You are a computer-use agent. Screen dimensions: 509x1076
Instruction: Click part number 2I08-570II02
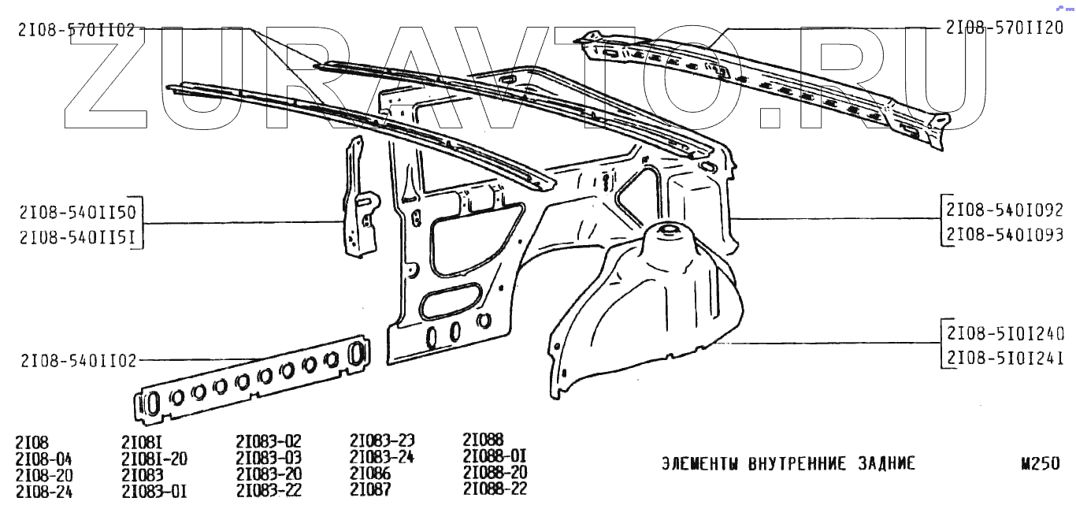pos(76,30)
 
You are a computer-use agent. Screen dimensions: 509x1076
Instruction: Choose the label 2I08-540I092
pos(1004,210)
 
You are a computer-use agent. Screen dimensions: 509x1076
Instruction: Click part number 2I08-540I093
pos(1004,234)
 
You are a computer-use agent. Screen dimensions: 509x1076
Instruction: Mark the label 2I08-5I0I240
pos(1004,333)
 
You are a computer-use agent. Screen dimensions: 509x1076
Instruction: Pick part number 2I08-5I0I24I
pos(1004,357)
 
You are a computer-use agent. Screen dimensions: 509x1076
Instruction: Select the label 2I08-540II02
pos(76,361)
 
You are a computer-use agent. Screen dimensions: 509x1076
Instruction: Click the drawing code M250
pos(1040,464)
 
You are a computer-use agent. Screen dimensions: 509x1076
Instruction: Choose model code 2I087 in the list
pos(370,490)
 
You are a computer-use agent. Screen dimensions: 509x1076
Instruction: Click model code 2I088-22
pos(495,489)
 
